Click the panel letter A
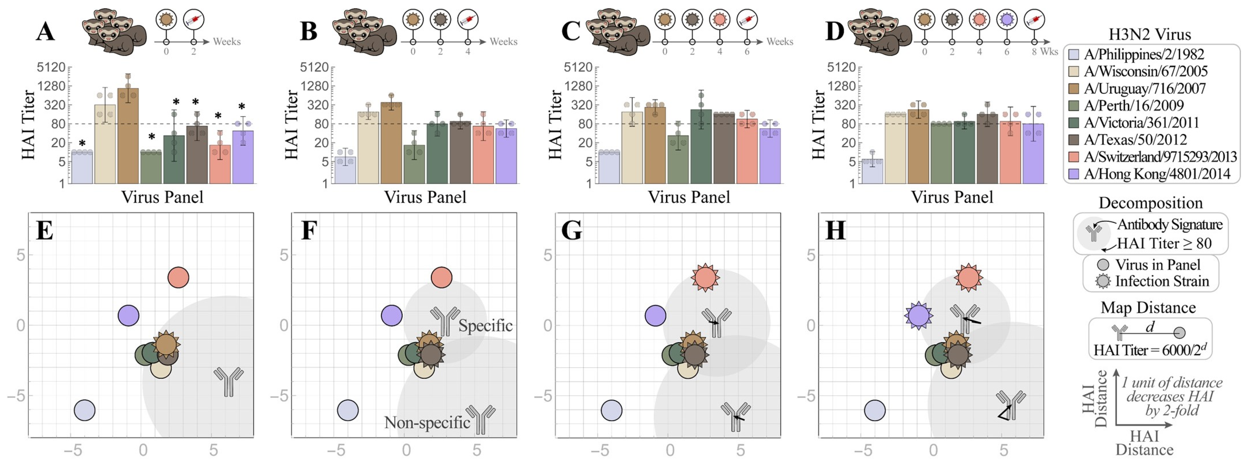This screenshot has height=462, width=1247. [45, 31]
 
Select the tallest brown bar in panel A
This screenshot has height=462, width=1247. [128, 135]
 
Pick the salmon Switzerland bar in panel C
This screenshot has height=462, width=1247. [747, 151]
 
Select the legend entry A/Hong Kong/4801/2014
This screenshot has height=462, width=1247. [1157, 174]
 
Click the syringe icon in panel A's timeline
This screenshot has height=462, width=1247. [194, 20]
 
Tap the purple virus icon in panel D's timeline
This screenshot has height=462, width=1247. [1007, 20]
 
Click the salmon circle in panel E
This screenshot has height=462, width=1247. [178, 277]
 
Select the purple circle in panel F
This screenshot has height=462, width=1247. [391, 316]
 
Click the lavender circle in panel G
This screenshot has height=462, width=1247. [612, 410]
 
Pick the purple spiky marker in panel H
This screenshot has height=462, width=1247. [919, 316]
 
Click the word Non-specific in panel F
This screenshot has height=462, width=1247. [427, 422]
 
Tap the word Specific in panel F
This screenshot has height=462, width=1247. [485, 325]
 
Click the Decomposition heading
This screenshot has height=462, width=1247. [1150, 203]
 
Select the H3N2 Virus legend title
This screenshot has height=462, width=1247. [1150, 34]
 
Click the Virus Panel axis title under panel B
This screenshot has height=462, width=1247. [425, 197]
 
